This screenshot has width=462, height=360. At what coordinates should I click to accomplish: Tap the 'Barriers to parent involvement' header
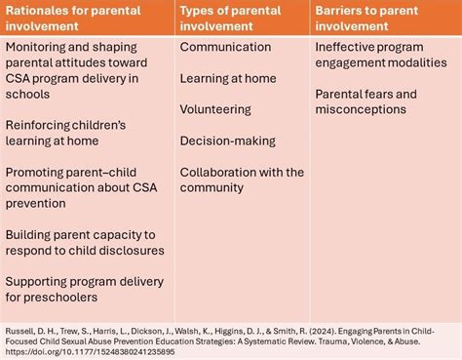pos(380,17)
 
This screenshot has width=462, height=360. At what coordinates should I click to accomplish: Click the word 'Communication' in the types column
pos(225,47)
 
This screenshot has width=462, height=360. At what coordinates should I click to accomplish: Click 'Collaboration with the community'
pos(242,180)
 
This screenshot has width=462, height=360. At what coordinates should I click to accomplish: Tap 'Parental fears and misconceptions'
pos(366,102)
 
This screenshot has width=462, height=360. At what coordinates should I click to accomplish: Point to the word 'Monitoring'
pos(37,47)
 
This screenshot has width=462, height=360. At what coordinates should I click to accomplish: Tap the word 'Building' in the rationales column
pos(30,235)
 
